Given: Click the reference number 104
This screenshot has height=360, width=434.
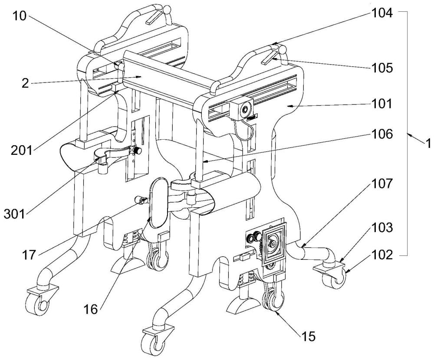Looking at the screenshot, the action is click(x=381, y=13).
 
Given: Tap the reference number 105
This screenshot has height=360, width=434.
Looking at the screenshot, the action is click(x=381, y=68).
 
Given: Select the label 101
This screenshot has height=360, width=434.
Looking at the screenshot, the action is click(x=381, y=104).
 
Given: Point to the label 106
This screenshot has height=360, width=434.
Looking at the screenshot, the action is click(x=381, y=134).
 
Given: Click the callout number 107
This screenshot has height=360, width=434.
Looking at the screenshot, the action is click(x=381, y=184).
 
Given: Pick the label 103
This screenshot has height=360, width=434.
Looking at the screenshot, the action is click(x=381, y=227).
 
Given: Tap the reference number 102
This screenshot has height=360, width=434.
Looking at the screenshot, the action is click(x=381, y=255).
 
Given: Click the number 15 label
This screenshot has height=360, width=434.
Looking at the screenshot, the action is click(x=308, y=337).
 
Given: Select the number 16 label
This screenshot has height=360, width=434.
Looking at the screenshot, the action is click(x=91, y=310).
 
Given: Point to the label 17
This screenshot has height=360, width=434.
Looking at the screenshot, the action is click(x=29, y=254).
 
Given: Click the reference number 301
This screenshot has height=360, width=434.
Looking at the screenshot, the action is click(x=14, y=214).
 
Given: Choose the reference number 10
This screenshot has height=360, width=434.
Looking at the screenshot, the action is click(x=20, y=16).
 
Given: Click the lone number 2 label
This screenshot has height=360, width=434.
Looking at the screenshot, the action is click(x=25, y=83).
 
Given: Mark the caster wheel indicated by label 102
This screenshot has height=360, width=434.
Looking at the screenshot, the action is click(x=334, y=279).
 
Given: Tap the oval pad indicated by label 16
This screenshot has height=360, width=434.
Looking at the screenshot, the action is click(x=158, y=203).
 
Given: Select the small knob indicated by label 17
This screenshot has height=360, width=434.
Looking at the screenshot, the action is click(x=140, y=200).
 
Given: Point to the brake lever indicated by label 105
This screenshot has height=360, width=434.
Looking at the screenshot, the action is click(x=270, y=57).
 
